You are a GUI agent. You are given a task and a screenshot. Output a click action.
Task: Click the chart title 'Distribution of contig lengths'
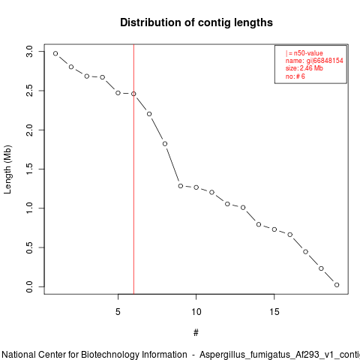tap(196, 22)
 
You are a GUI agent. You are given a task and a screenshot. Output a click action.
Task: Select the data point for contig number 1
tap(55, 53)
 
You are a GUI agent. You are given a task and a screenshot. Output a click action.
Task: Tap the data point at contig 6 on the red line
tap(133, 94)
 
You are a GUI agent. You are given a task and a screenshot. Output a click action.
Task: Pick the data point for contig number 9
tap(181, 186)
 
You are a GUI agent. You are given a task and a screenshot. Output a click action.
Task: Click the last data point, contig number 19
tap(337, 285)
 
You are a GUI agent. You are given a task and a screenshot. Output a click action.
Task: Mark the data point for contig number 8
tap(165, 144)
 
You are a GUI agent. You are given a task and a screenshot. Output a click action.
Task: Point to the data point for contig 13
tap(243, 208)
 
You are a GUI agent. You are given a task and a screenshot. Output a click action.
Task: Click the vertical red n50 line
tap(133, 169)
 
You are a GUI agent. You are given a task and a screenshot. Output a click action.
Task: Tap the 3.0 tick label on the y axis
tap(29, 52)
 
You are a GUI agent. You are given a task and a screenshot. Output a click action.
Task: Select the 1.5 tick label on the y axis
tap(29, 169)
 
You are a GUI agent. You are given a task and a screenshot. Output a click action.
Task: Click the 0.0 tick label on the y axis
tap(29, 286)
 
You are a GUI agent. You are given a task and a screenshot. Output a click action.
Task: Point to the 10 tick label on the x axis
tap(196, 312)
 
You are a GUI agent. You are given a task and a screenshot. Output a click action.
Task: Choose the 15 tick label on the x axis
tap(274, 312)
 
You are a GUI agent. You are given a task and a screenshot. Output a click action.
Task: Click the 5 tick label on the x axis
tap(118, 312)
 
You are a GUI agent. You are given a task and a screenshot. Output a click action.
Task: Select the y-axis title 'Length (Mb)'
tap(7, 169)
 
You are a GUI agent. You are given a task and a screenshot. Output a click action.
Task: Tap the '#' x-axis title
tap(196, 333)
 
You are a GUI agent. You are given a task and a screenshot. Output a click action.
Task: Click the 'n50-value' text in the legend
tap(308, 53)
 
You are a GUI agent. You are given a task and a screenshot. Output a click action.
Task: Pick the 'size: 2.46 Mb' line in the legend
tap(304, 68)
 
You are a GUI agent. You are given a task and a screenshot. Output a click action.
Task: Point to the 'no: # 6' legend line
tap(295, 76)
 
